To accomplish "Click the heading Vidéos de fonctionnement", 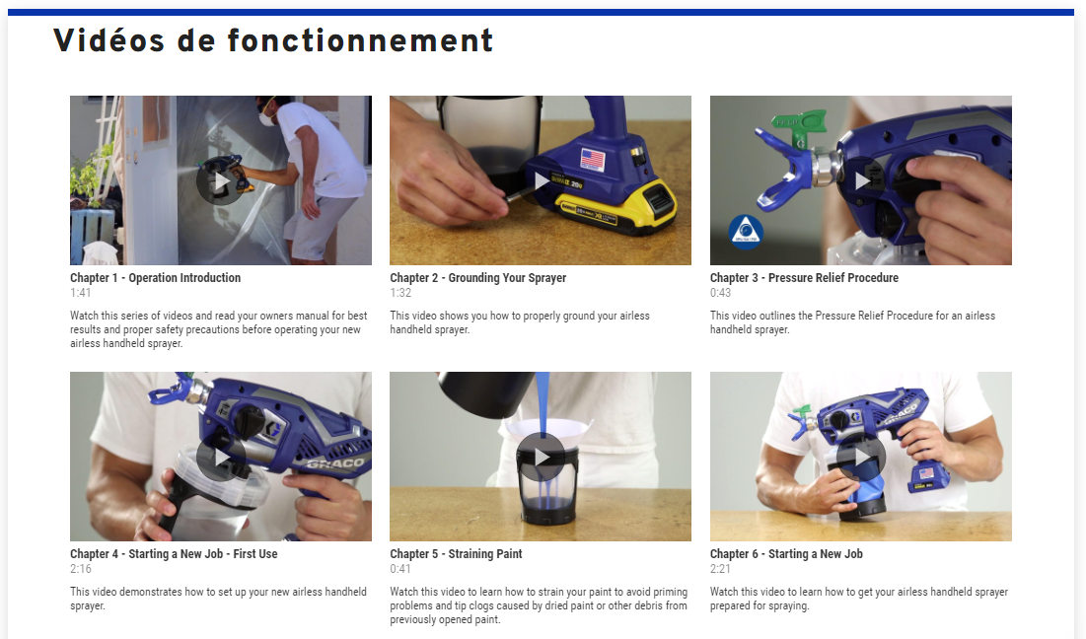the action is point(273,40).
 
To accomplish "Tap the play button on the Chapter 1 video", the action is point(221,182).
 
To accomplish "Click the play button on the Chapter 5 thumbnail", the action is point(541,458).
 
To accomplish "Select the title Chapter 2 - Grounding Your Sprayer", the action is point(477,278).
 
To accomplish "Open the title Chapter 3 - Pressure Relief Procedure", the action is point(804,278).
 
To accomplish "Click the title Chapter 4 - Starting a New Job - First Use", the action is point(174,554).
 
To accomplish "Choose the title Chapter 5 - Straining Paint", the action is point(456,554).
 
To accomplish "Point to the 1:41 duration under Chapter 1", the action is point(80,293).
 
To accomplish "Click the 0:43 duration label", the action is point(720,293).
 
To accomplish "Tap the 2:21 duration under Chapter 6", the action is point(720,569).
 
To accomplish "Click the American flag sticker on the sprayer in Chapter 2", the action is point(592,159).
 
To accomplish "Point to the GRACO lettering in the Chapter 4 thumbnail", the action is point(336,463).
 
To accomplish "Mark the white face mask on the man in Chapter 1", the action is point(266,119).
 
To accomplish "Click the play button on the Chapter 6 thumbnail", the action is point(861,458).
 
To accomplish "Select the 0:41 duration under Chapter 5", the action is point(400,569).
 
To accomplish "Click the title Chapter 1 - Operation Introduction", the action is point(155,278).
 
